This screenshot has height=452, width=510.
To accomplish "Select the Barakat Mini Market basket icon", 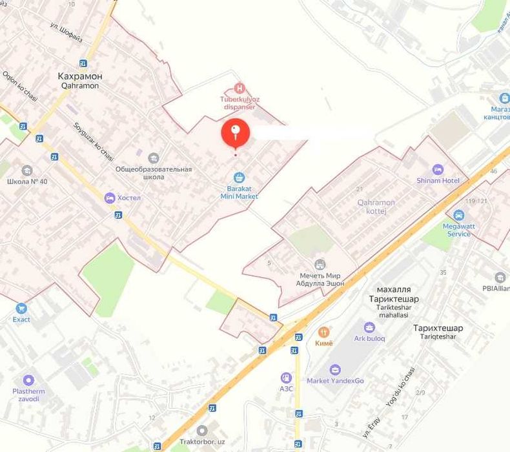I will pos(239,177).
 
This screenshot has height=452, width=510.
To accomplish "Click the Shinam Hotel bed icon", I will pos(438,169).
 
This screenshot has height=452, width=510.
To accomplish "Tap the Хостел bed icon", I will pos(110,197).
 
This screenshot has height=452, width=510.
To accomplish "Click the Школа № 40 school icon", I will pos(27,170).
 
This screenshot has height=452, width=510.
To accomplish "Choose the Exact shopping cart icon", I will pos(21,309).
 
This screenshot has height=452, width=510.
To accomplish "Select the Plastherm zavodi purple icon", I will pos(28,380).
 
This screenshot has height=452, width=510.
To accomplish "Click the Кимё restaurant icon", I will pos(325,332).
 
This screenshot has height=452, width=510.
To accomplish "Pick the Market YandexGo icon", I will pos(335,369).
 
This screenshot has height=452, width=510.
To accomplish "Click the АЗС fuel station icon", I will pos(286,378).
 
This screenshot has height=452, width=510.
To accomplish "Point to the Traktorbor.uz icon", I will pos(203,430).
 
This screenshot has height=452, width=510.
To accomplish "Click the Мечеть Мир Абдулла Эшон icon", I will pos(320,265).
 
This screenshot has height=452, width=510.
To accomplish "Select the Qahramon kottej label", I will pos(376,206).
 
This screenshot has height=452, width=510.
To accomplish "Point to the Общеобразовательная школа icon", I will pos(154,158).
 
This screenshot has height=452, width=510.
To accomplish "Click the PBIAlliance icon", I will pos(500,278).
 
